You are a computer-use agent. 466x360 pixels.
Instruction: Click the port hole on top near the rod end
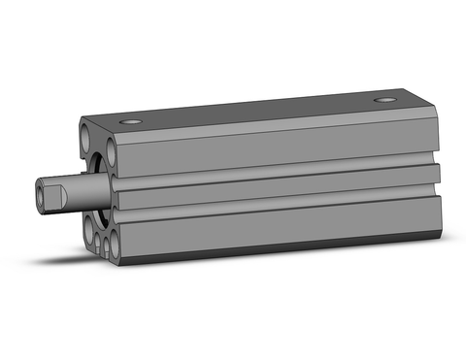point(131,121)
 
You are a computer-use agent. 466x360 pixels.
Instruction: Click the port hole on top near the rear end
point(388,100)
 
